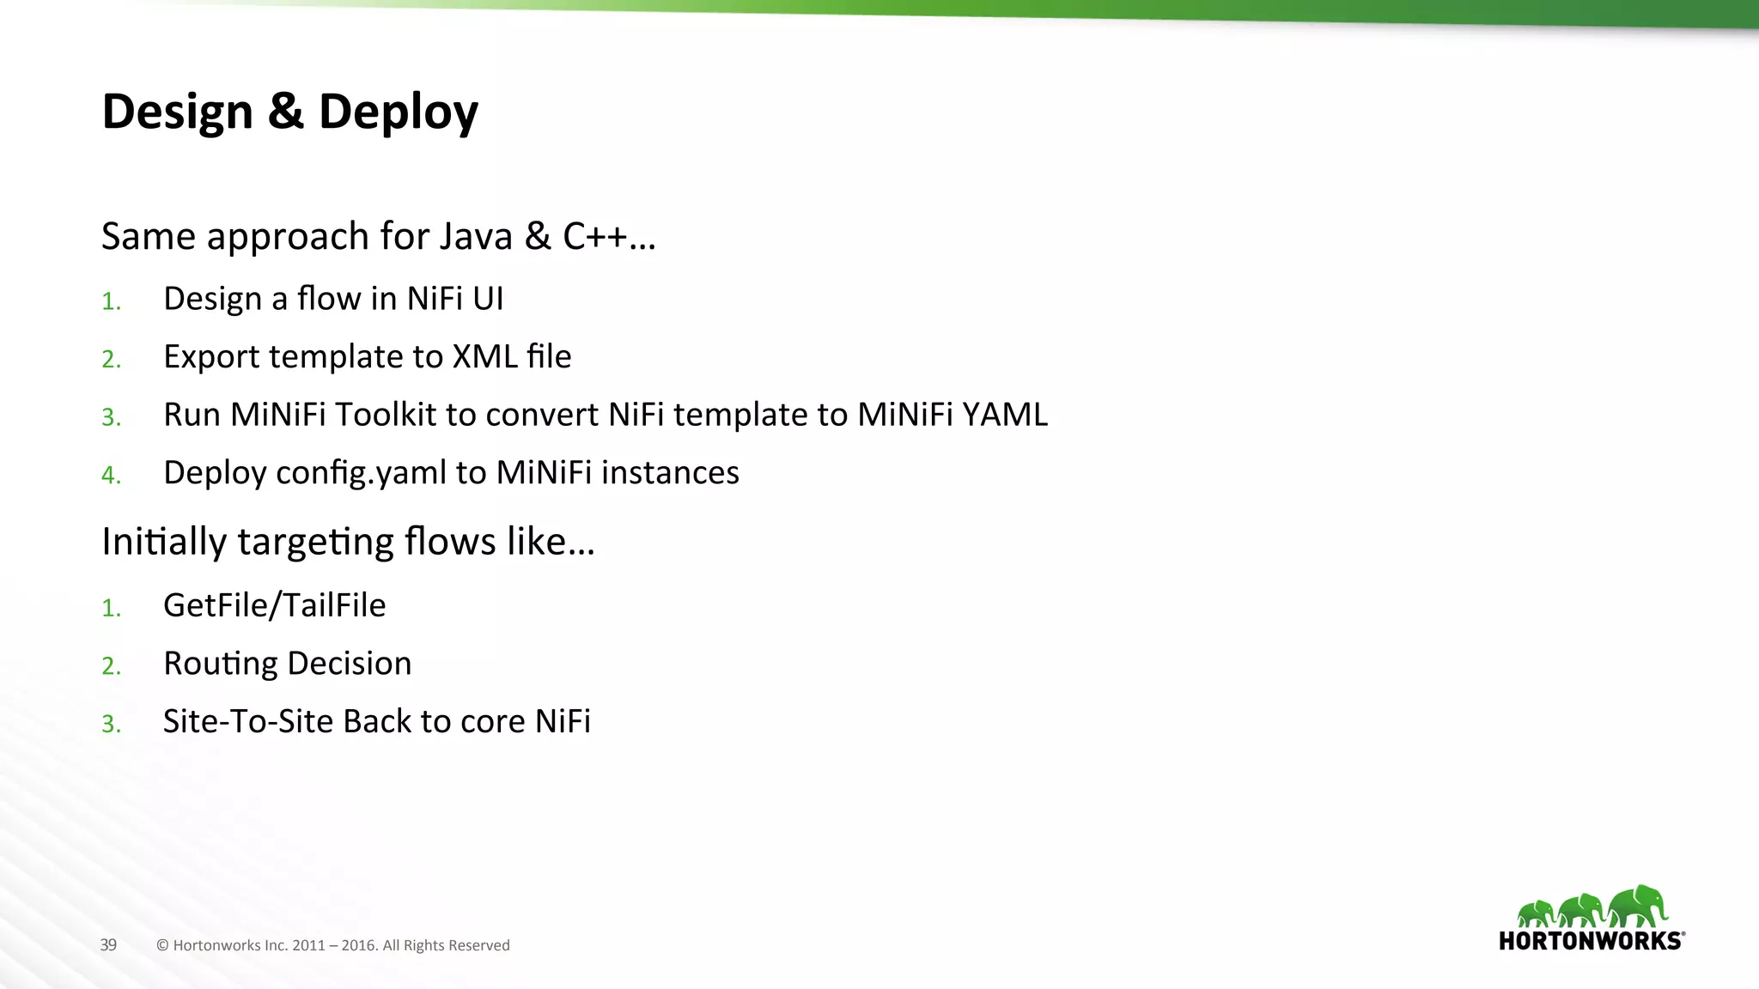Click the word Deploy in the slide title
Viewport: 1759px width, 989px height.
coord(398,112)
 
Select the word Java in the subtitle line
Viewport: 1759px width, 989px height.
coord(475,236)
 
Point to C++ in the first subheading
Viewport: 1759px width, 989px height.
coord(594,236)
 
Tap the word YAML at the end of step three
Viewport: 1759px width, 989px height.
coord(1005,415)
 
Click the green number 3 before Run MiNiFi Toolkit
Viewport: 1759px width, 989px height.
coord(110,417)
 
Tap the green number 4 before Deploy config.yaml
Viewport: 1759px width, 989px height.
coord(110,476)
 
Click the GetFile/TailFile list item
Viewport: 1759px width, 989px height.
coord(274,606)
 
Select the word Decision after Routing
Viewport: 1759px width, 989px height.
coord(349,664)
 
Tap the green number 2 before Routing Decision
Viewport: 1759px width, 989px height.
coord(110,666)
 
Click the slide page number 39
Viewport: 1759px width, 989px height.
coord(108,945)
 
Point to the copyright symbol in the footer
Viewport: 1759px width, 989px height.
coord(162,946)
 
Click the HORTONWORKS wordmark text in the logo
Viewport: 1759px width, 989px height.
coord(1590,941)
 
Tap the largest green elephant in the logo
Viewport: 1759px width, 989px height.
coord(1638,906)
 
